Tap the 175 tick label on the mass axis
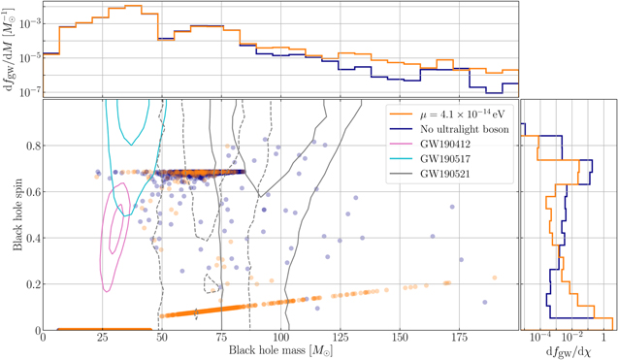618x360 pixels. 459,340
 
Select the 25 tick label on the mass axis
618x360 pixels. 102,340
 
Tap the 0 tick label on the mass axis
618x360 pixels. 43,340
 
